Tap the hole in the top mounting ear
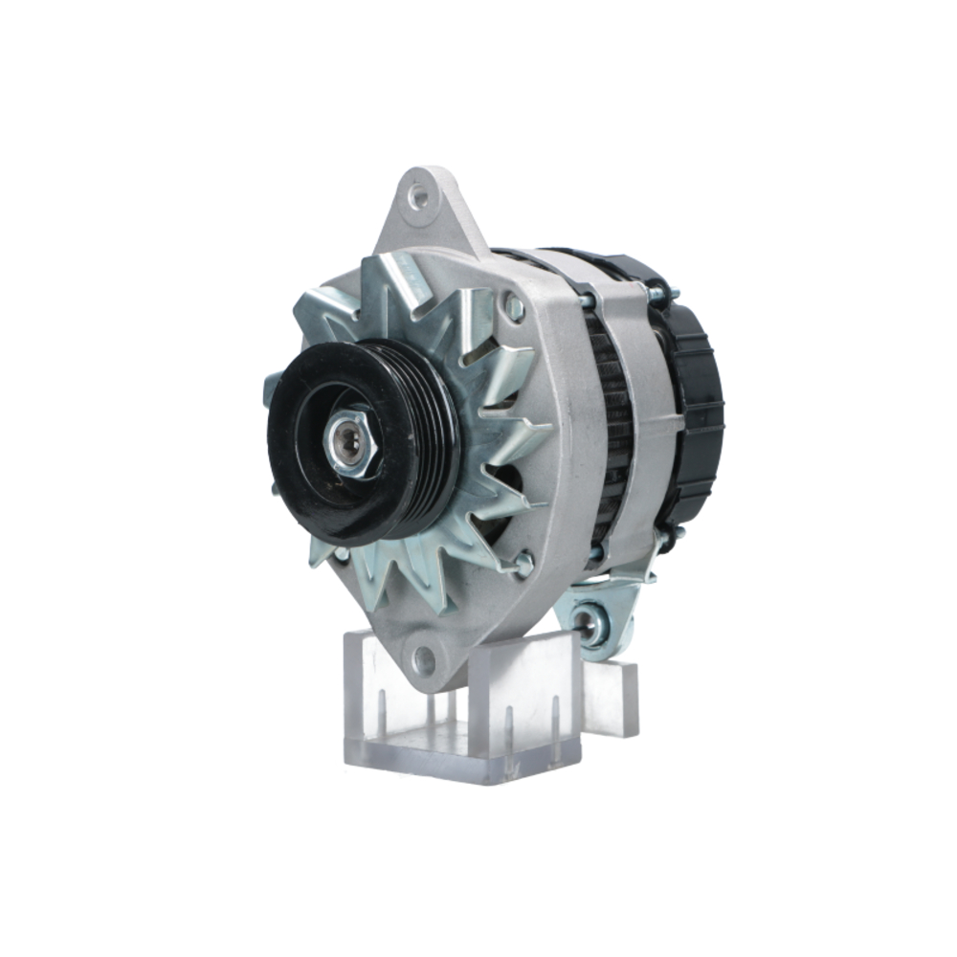click(418, 197)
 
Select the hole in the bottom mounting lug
click(423, 659)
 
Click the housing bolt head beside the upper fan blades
click(514, 307)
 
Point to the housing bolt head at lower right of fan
click(523, 564)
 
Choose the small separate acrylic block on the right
click(612, 699)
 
